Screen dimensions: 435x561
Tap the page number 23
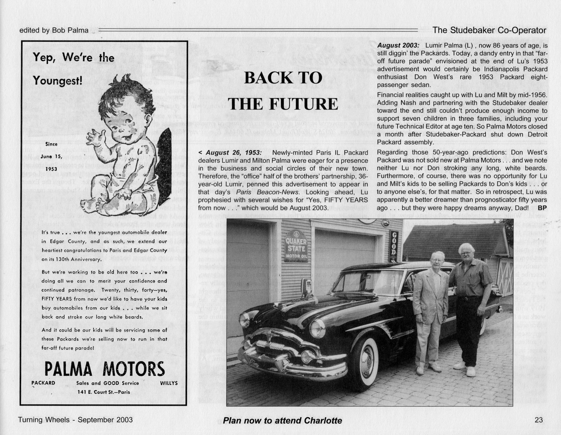click(x=538, y=420)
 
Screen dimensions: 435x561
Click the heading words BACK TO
click(x=283, y=78)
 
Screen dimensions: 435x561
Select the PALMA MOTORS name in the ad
click(x=105, y=369)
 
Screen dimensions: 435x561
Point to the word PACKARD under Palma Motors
click(x=43, y=383)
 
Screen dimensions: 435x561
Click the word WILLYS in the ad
click(x=169, y=383)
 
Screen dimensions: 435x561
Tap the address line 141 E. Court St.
click(x=104, y=392)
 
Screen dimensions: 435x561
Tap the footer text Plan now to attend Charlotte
click(x=282, y=420)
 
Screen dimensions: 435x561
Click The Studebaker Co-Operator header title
click(x=489, y=30)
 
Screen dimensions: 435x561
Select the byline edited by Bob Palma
click(x=54, y=30)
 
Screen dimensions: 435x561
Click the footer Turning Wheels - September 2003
click(x=75, y=420)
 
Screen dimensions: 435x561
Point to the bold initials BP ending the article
click(x=542, y=208)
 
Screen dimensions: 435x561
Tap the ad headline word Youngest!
click(x=58, y=80)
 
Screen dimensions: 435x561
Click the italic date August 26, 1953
click(x=233, y=153)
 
